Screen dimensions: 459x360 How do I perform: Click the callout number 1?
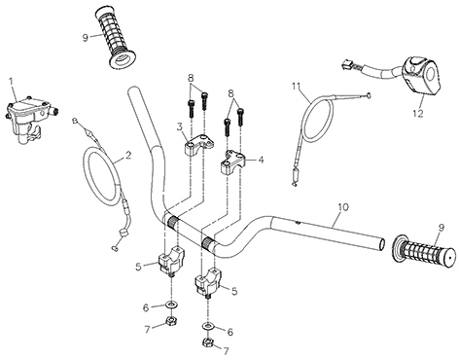[12, 81]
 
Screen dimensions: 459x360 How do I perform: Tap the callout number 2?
[128, 156]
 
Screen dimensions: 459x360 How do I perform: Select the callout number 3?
[180, 126]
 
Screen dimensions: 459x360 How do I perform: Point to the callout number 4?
[261, 160]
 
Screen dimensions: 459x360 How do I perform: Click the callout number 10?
[343, 207]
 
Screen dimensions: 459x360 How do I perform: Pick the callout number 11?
[297, 87]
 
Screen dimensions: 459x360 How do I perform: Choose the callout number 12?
[418, 114]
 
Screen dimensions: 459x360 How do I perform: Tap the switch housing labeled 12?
[421, 76]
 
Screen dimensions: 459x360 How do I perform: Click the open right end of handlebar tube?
[382, 244]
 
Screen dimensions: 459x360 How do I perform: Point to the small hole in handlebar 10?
[297, 223]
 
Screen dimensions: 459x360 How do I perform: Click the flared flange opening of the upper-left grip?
[123, 60]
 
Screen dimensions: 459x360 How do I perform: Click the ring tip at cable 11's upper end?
[368, 95]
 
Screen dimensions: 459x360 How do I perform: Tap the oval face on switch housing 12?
[431, 74]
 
